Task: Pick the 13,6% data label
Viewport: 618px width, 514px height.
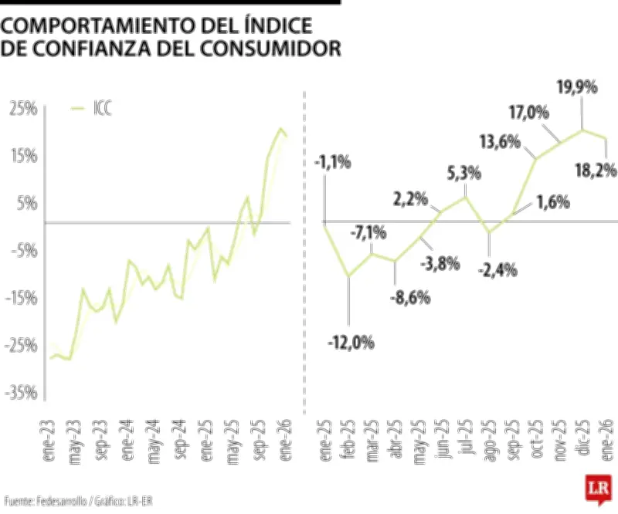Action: pyautogui.click(x=500, y=143)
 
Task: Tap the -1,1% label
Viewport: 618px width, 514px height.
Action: pyautogui.click(x=333, y=162)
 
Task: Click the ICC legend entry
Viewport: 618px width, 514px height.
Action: pyautogui.click(x=101, y=110)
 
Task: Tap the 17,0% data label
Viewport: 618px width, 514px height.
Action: pyautogui.click(x=528, y=113)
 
